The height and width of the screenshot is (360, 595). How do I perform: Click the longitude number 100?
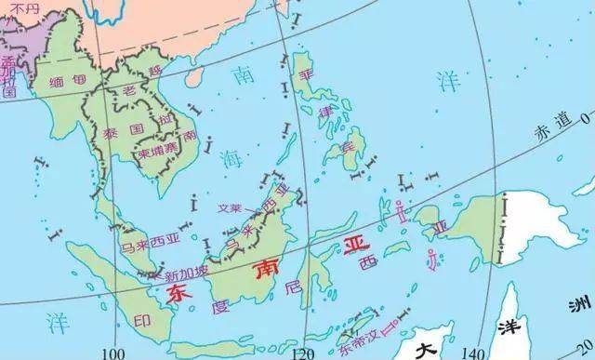115,353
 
